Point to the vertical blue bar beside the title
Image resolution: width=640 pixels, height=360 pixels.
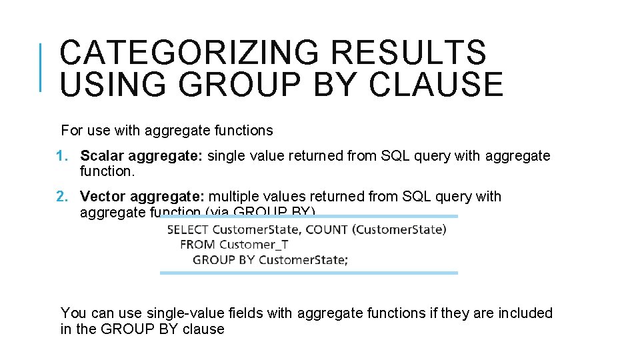point(41,67)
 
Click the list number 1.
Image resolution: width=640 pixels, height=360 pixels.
point(62,156)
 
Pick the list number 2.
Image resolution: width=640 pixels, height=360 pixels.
point(62,197)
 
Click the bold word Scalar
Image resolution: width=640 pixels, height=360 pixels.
point(102,156)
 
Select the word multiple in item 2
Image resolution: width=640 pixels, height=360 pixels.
point(236,197)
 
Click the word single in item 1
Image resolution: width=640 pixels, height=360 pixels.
point(226,156)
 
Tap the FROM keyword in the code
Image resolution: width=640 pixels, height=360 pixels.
point(197,245)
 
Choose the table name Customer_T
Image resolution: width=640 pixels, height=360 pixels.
point(253,245)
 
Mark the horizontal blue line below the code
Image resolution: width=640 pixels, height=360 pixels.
point(309,273)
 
